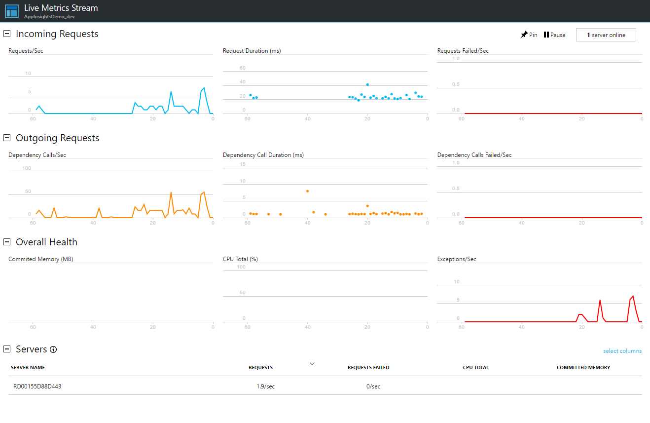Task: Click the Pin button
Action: [x=529, y=35]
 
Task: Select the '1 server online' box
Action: [x=606, y=35]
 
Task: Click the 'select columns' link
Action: [x=622, y=351]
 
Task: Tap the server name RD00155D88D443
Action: [x=37, y=386]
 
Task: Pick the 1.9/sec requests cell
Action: [x=262, y=386]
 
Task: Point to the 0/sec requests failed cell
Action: [x=373, y=386]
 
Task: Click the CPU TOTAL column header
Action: [x=475, y=368]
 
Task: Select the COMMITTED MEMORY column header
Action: [x=583, y=368]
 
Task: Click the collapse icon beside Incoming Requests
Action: [x=7, y=34]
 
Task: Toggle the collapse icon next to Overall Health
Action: [x=7, y=242]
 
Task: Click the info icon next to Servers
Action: [x=53, y=349]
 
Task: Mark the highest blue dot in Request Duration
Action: [x=367, y=84]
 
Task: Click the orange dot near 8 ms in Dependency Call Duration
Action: [x=307, y=191]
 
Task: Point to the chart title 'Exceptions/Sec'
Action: [x=457, y=259]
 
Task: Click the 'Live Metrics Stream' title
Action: [x=61, y=8]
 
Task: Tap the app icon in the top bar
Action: [x=12, y=11]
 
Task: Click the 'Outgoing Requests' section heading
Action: [x=57, y=138]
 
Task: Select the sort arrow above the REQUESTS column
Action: [x=312, y=364]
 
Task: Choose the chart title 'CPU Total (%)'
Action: [x=240, y=259]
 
